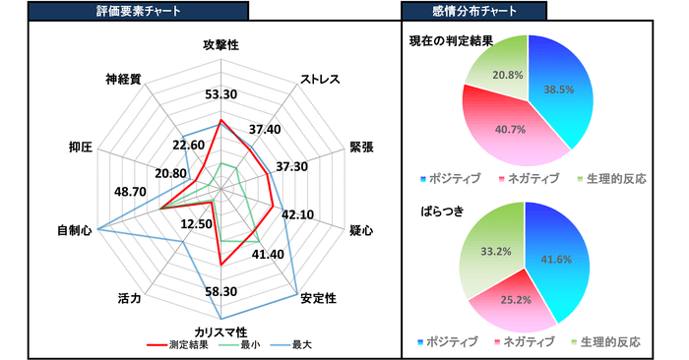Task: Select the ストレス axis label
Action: coord(322,79)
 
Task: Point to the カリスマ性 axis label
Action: coord(220,332)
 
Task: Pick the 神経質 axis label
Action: coord(123,78)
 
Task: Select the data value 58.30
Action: coord(221,291)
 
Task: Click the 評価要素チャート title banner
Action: coord(138,11)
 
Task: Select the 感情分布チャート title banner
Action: coord(473,11)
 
